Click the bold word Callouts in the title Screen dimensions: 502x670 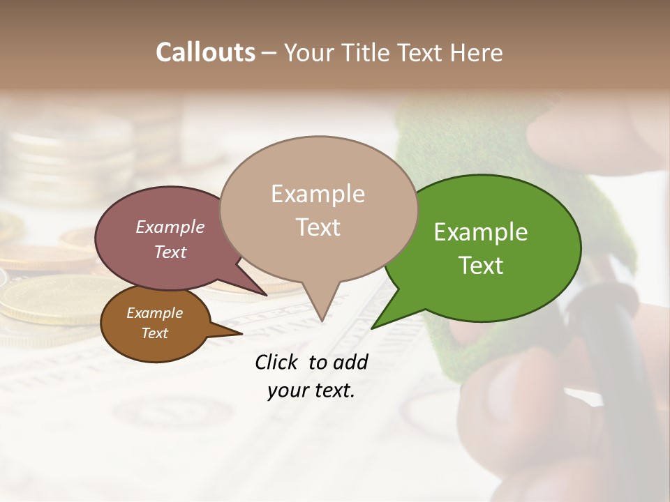point(205,52)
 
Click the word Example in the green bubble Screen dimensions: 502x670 point(481,232)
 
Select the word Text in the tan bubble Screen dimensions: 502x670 point(318,227)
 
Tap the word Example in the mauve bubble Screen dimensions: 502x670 point(170,227)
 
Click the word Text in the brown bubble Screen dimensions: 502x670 point(155,333)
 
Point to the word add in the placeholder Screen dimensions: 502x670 point(351,362)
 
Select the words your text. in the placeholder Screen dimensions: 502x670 point(311,390)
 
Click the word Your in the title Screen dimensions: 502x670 point(309,52)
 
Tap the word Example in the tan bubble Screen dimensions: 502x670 point(318,194)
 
